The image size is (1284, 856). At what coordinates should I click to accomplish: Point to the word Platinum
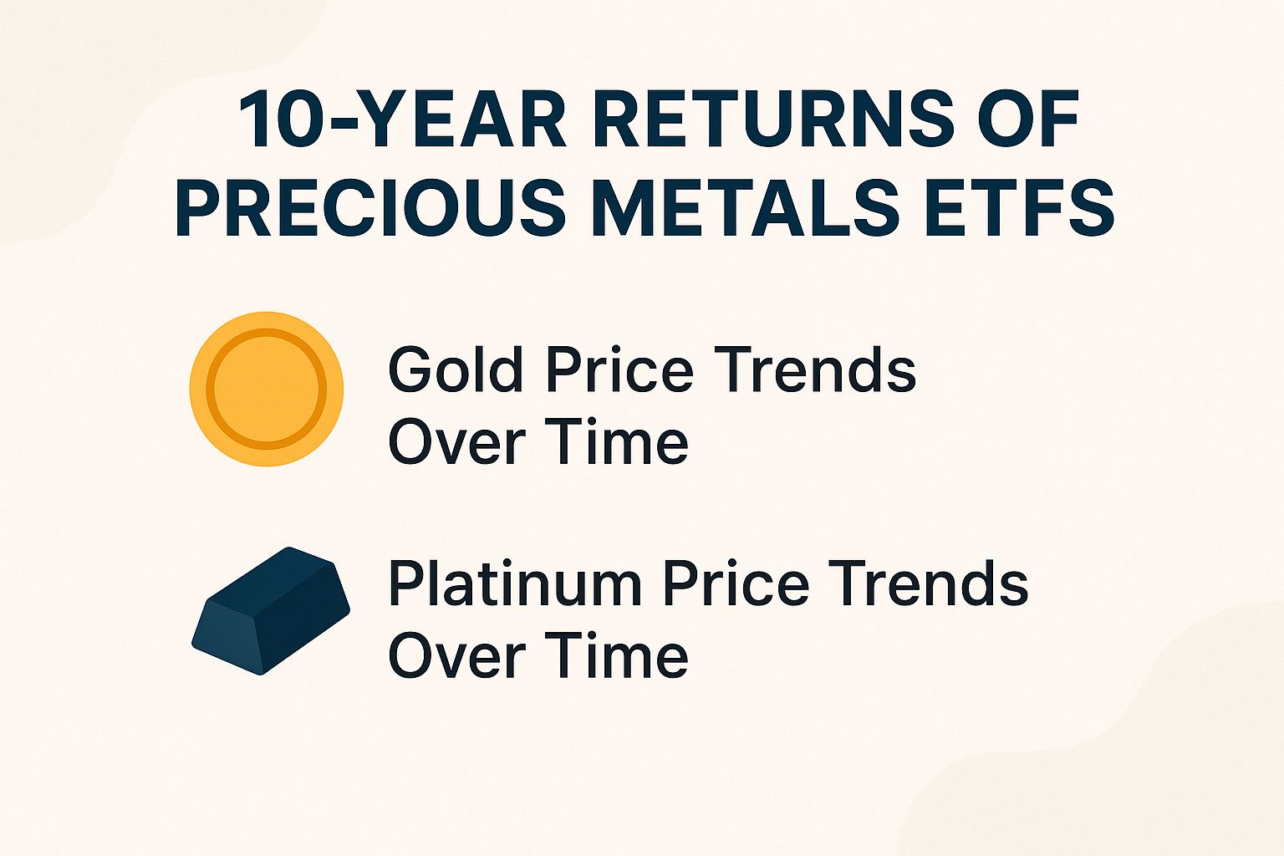[514, 583]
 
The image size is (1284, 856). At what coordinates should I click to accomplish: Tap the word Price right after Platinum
[736, 583]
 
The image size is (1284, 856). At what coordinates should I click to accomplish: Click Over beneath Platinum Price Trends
[456, 656]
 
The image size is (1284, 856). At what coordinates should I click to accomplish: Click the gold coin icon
[267, 388]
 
